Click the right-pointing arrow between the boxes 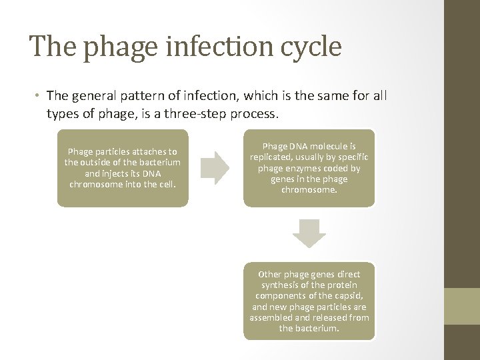pos(215,167)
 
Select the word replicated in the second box pos(272,157)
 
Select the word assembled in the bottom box pos(273,318)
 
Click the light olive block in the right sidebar pos(462,306)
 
